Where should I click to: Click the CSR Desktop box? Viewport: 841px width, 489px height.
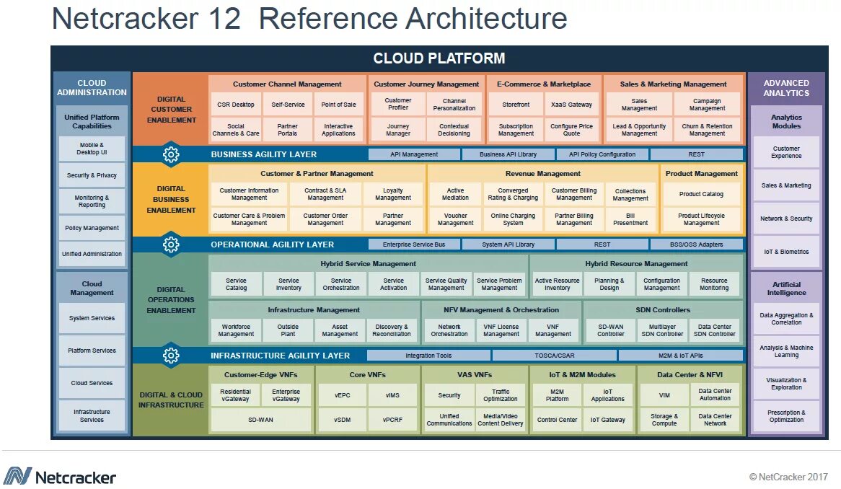click(236, 105)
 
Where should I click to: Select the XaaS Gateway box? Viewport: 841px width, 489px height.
click(571, 105)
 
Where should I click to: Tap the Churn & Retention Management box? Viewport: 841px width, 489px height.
click(707, 130)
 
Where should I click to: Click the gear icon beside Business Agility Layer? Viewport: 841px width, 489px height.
click(171, 154)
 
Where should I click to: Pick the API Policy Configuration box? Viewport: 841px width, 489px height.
click(602, 154)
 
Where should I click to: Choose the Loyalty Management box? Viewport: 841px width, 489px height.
click(393, 194)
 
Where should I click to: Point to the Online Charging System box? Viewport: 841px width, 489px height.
click(513, 219)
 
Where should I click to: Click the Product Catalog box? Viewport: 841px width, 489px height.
click(701, 194)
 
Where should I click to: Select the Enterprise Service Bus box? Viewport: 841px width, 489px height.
click(414, 244)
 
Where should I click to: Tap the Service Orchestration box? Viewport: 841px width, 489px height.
click(341, 284)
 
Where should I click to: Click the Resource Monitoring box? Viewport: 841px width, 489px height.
click(714, 284)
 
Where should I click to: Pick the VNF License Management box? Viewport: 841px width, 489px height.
click(501, 330)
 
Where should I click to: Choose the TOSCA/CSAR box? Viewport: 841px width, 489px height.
click(554, 356)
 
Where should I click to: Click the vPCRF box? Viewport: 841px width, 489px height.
click(392, 420)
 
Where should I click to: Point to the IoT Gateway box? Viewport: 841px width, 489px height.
click(608, 420)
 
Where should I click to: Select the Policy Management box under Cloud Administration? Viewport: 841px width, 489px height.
click(92, 228)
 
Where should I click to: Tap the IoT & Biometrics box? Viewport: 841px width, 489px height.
click(786, 252)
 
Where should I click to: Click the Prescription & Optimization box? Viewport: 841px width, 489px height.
click(786, 416)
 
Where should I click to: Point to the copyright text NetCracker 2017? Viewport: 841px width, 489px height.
click(788, 477)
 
